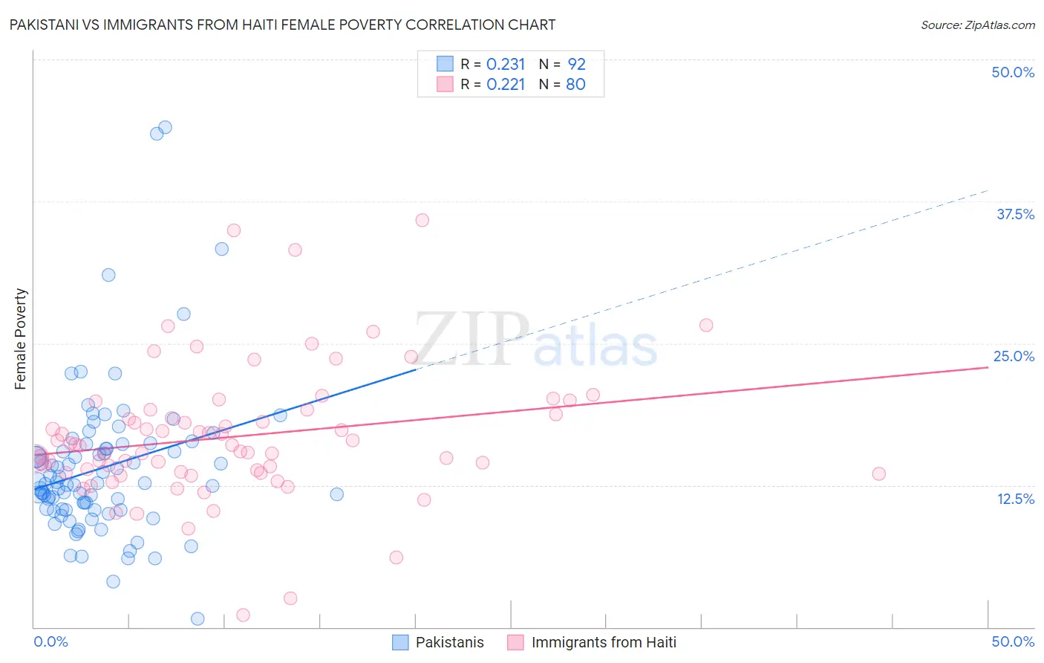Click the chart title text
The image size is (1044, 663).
point(282,25)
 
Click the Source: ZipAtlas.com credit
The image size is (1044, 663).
point(977,25)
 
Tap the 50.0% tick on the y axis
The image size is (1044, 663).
point(1013,72)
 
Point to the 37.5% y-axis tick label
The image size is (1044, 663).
point(1015,214)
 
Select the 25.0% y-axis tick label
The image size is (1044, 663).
point(1014,356)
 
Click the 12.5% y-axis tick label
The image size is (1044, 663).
point(1015,499)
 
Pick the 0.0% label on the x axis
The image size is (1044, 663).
point(50,641)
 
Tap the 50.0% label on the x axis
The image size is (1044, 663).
point(1013,641)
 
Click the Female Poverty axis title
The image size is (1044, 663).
point(21,339)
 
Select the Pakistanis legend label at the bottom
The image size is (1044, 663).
point(449,642)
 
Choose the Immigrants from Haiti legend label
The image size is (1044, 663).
point(604,642)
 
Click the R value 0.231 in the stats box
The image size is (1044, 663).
point(506,64)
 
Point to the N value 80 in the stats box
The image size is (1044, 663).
point(575,84)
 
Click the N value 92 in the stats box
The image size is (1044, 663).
point(576,64)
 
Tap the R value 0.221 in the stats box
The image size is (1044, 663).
point(506,84)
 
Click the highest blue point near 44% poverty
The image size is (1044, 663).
point(165,127)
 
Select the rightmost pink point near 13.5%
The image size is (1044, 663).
point(878,473)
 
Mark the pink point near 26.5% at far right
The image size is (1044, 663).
point(706,325)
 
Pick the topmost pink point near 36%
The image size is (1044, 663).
point(423,220)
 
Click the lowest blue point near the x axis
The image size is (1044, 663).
point(198,618)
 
